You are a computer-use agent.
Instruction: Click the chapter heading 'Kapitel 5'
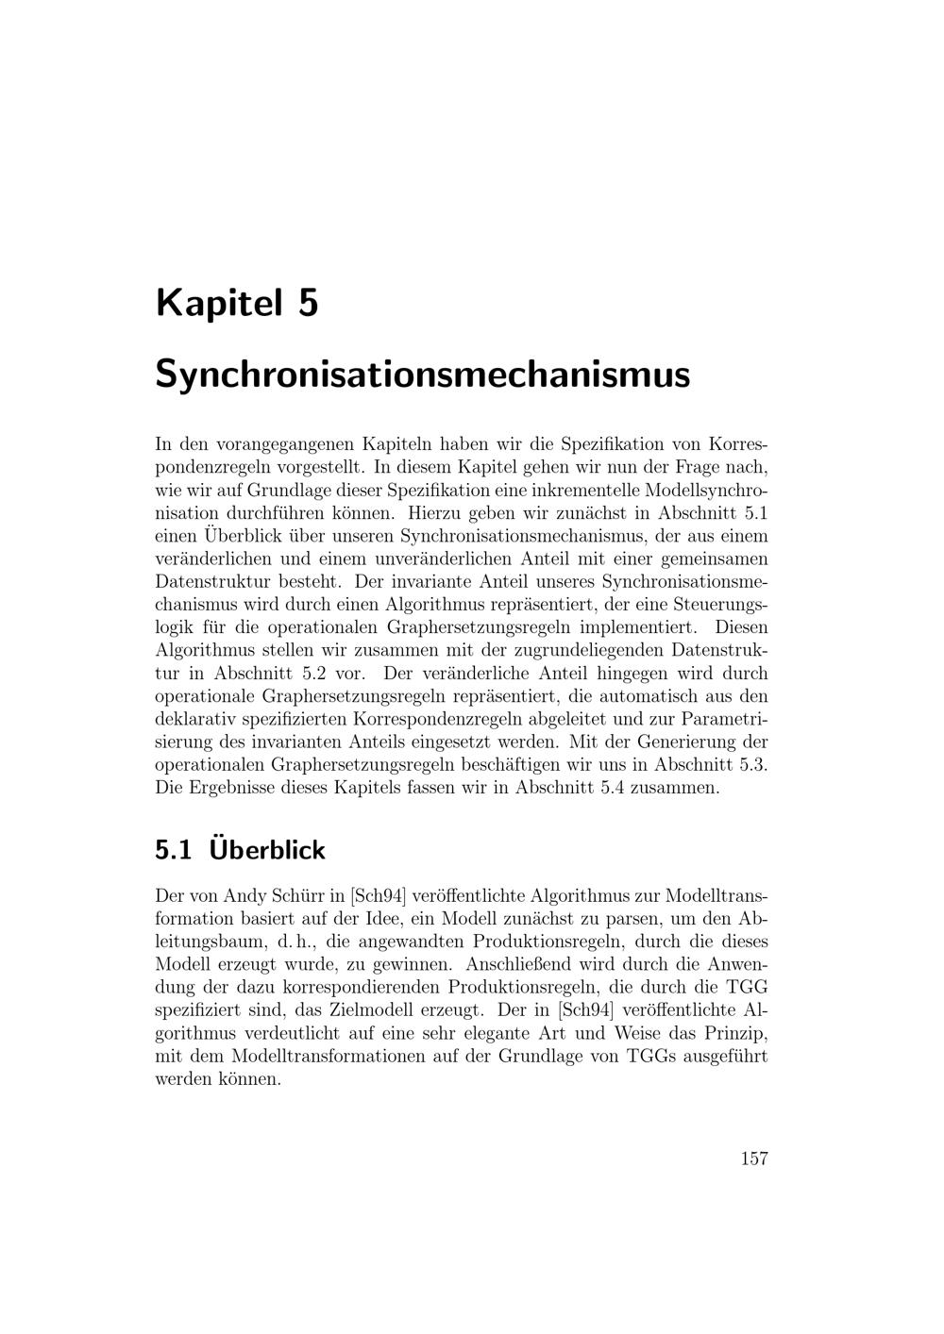(237, 304)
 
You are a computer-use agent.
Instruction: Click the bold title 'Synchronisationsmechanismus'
(422, 374)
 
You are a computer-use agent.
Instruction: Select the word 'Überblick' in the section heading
(267, 850)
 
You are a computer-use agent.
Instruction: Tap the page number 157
(753, 1159)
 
